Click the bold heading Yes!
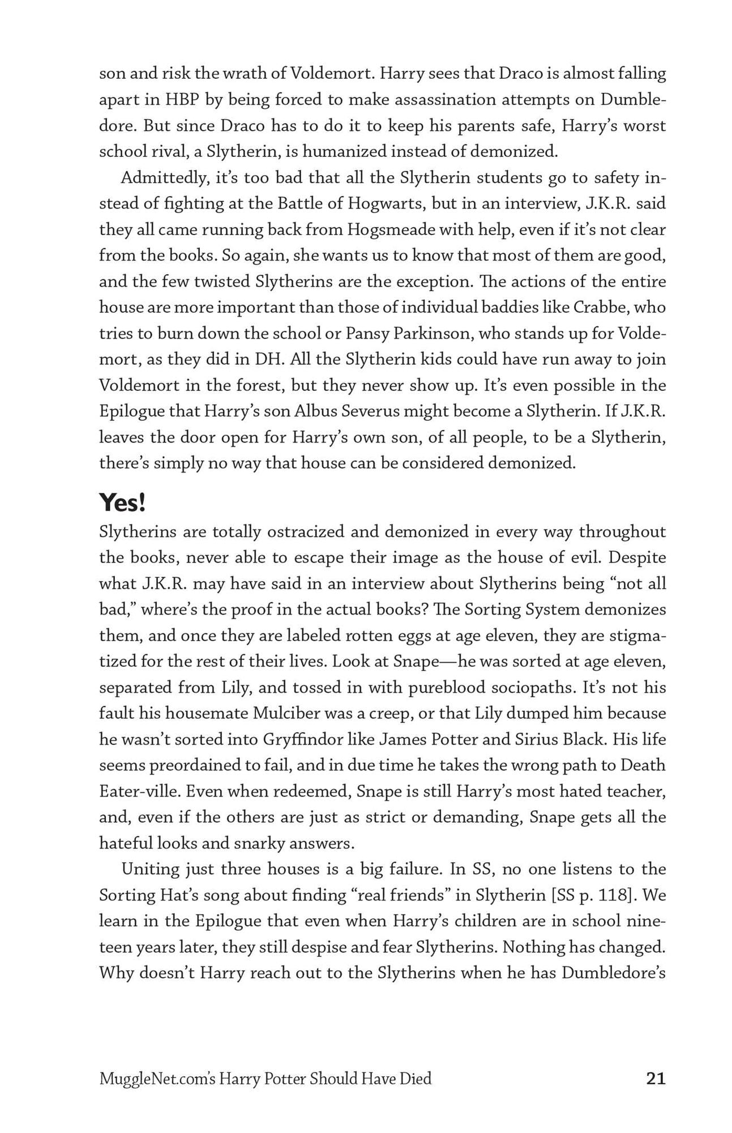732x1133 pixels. [122, 502]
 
